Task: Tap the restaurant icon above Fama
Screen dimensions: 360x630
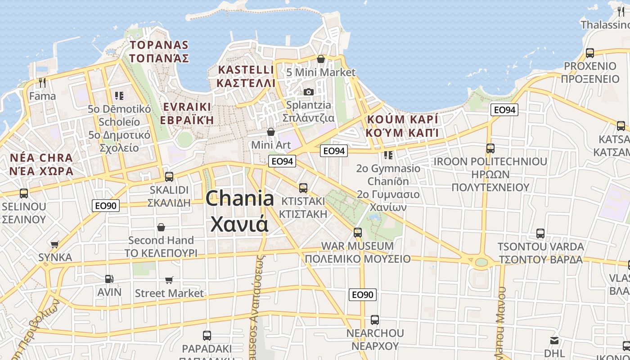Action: click(43, 82)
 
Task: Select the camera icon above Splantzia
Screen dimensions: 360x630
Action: click(308, 92)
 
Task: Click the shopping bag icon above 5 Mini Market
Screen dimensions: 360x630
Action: click(321, 59)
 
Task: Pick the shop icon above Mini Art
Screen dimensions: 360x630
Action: click(271, 132)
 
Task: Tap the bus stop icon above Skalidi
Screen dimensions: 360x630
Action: click(169, 176)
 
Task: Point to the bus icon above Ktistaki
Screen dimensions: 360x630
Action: click(303, 188)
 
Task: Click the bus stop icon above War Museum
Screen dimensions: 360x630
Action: click(358, 233)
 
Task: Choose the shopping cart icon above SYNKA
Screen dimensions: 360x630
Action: click(55, 244)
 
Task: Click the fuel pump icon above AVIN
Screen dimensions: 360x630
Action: click(109, 279)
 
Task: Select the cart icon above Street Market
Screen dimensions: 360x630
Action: click(169, 280)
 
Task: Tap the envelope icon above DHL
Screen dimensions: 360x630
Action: click(554, 341)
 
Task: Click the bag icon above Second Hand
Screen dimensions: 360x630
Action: click(161, 227)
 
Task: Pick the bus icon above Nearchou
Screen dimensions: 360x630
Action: click(375, 320)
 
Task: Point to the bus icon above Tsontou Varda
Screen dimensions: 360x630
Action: click(540, 234)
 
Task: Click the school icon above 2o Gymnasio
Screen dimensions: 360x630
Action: click(388, 155)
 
